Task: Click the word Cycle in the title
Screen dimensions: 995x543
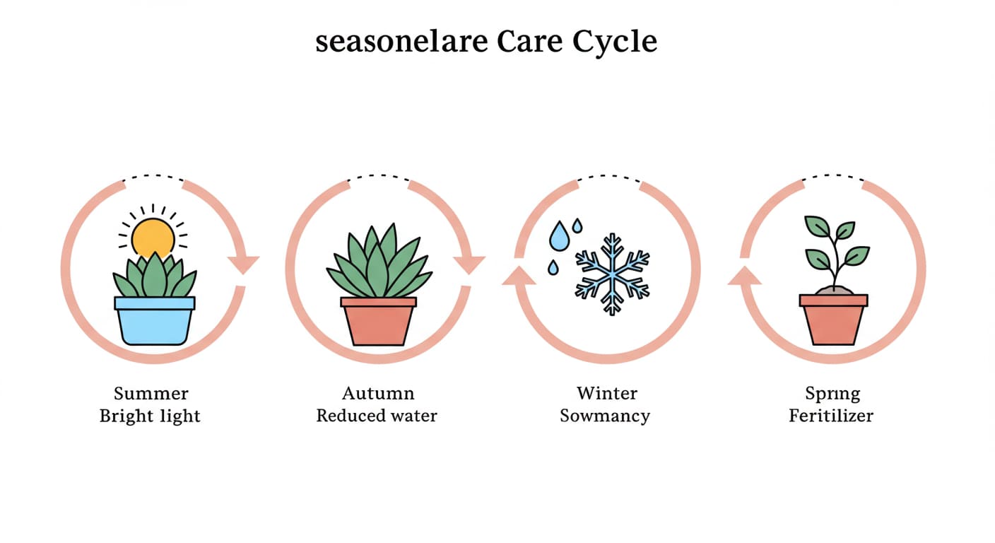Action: (x=615, y=43)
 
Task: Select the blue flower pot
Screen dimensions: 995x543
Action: (x=155, y=321)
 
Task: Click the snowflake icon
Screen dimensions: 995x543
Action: (x=612, y=274)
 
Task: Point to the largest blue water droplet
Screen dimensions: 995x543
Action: (x=559, y=236)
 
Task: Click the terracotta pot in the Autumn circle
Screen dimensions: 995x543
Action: (x=379, y=321)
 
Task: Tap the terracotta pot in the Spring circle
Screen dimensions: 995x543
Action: (x=833, y=320)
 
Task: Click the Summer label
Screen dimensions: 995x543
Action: (x=151, y=394)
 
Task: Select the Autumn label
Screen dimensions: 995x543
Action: (x=378, y=394)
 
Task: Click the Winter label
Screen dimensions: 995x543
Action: (x=607, y=394)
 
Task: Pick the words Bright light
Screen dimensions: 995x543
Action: (x=150, y=416)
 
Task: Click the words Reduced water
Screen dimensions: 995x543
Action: (x=377, y=416)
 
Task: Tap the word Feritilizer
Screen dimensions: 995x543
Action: (x=831, y=416)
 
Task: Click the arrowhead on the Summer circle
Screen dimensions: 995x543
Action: (x=243, y=264)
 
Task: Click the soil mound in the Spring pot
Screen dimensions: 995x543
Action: (x=834, y=290)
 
